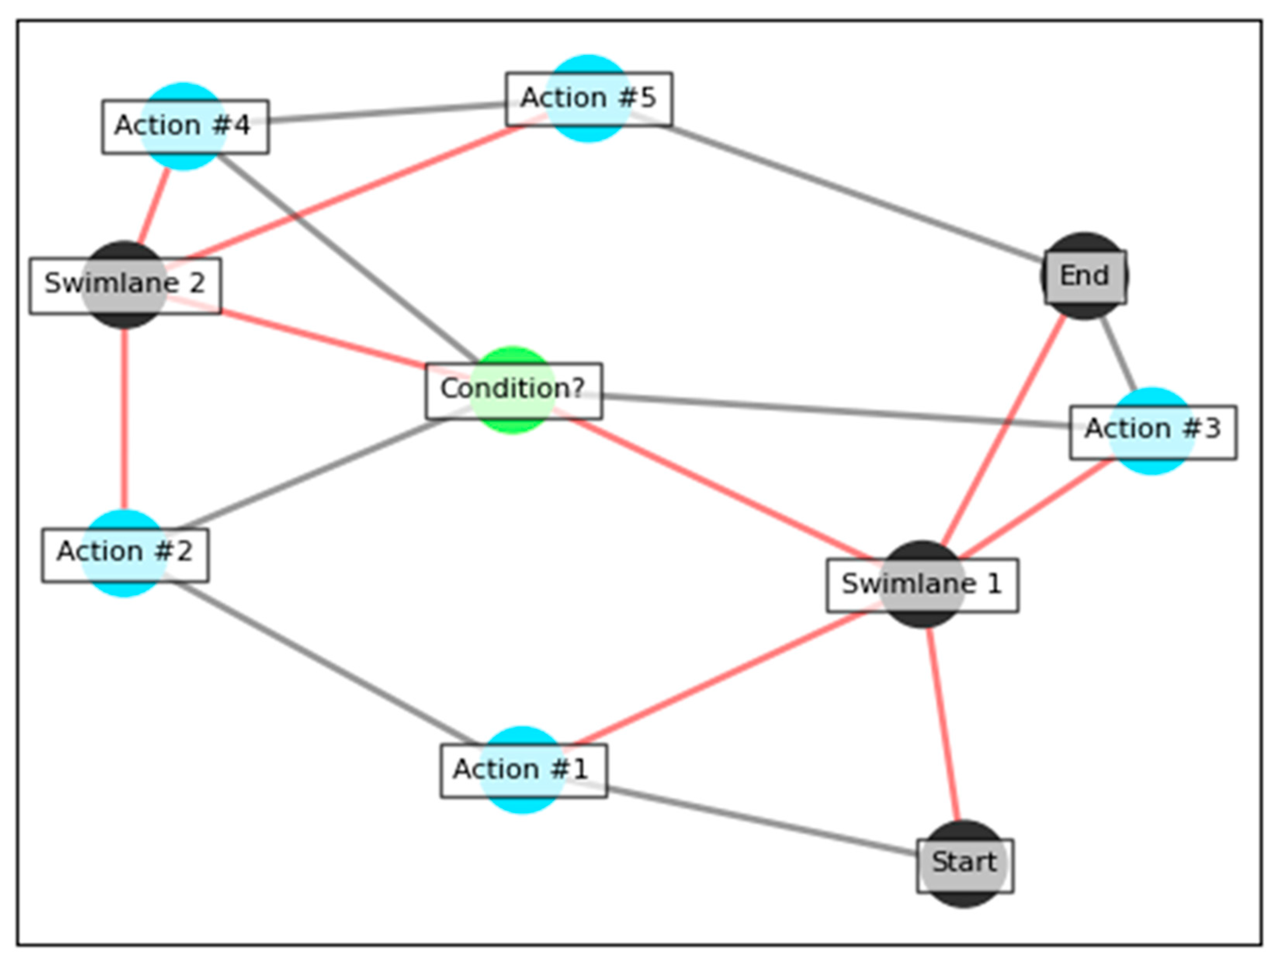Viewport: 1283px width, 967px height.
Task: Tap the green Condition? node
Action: point(513,389)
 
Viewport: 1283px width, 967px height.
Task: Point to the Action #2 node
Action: point(124,553)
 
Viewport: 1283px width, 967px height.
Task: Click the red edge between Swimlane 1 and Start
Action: point(944,725)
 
